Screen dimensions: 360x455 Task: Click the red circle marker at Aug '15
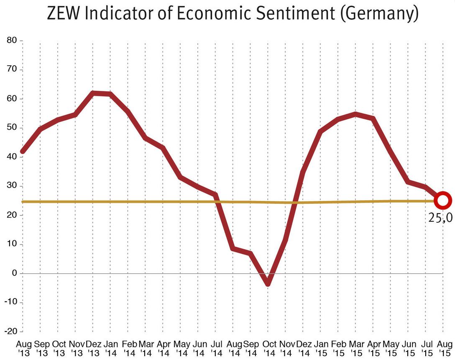tap(443, 201)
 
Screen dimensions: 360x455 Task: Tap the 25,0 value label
tap(440, 218)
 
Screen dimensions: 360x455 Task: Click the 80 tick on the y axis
tap(12, 41)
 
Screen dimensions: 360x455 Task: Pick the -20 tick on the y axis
tap(10, 331)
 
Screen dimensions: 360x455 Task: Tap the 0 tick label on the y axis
tap(14, 273)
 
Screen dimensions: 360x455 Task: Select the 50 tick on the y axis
tap(12, 128)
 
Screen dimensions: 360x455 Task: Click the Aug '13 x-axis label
tap(23, 348)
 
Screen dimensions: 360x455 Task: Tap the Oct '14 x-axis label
tap(268, 348)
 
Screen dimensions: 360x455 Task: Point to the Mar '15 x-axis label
tap(355, 348)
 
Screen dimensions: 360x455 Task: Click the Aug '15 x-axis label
tap(444, 348)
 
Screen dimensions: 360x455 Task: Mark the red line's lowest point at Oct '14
tap(268, 284)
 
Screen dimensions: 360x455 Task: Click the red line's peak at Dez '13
tap(94, 93)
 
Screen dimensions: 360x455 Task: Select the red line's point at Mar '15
tap(355, 114)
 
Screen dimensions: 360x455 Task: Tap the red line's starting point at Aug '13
tap(23, 152)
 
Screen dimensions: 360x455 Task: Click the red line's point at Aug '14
tap(233, 249)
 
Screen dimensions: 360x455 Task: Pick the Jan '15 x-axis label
tap(320, 348)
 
